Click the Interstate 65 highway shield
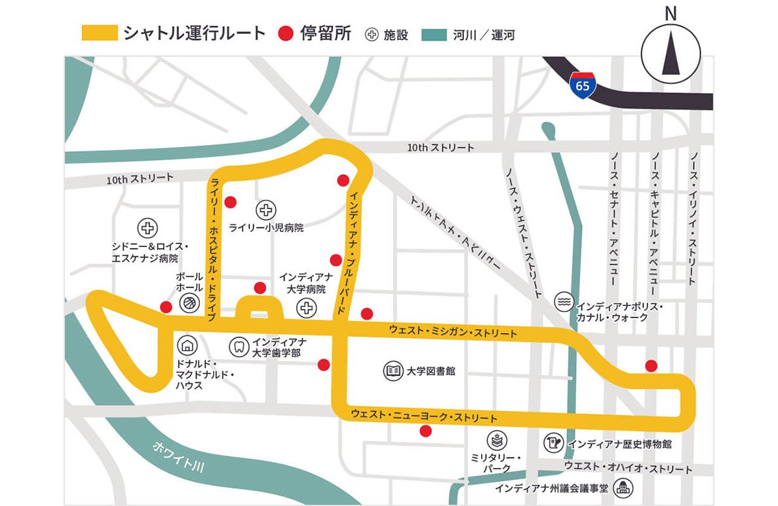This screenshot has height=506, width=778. (583, 85)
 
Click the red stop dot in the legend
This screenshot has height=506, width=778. (286, 33)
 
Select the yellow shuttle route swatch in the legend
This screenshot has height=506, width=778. (100, 33)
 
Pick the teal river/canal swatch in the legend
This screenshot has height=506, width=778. (434, 34)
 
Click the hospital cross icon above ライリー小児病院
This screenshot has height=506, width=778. (266, 210)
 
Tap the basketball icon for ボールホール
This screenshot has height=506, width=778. (189, 302)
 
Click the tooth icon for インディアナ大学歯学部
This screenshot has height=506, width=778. (238, 345)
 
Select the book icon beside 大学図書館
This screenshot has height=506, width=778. (393, 371)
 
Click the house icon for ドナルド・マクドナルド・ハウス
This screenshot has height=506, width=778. (187, 345)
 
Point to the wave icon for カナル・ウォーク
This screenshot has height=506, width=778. (563, 302)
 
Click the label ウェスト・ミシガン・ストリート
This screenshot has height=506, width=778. (452, 330)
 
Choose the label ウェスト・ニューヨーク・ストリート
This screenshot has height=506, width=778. (424, 416)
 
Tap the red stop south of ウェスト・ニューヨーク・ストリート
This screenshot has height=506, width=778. (425, 431)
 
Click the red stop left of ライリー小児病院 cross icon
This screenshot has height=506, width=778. (230, 202)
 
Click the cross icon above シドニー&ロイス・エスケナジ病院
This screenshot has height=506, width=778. (147, 228)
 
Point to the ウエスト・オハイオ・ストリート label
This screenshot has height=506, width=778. (628, 468)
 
